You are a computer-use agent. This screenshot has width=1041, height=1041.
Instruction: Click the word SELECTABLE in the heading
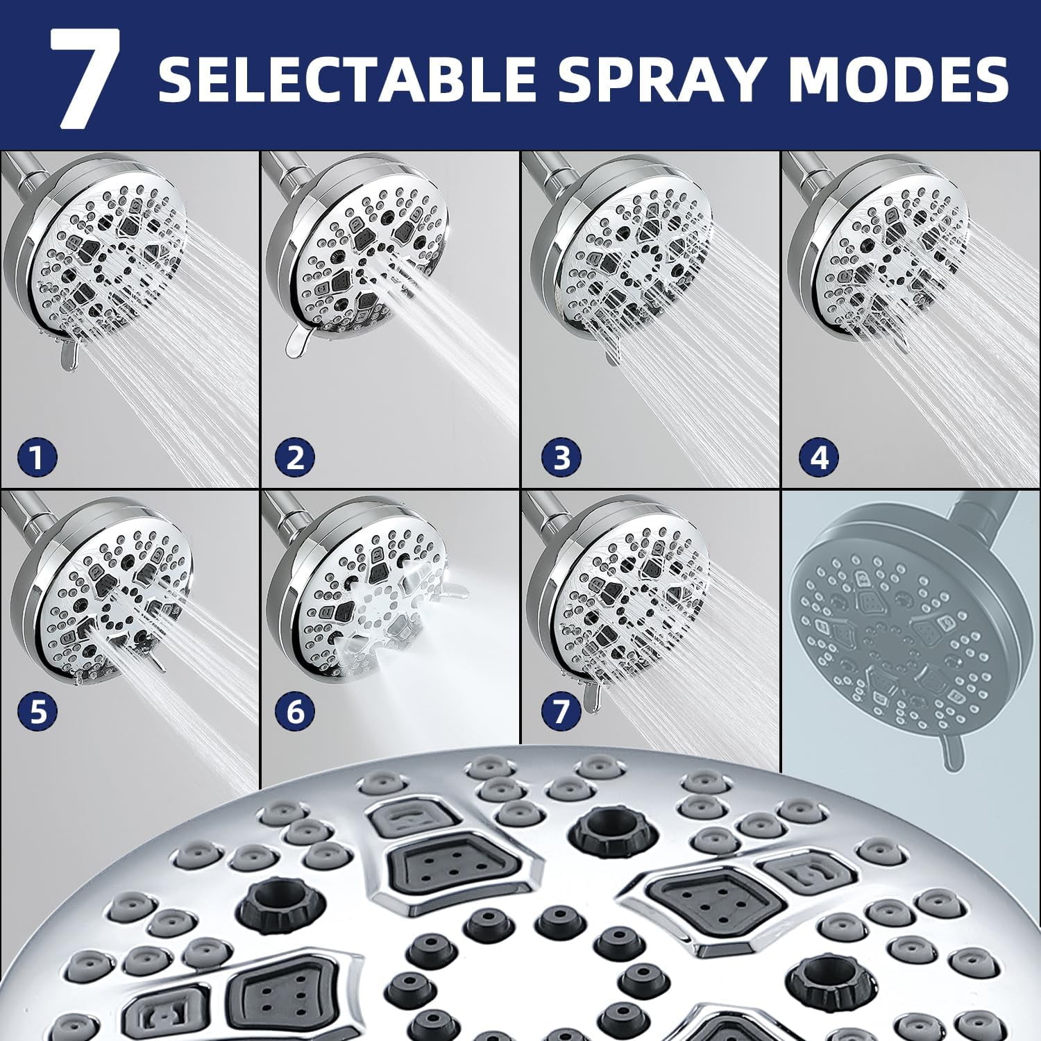point(347,78)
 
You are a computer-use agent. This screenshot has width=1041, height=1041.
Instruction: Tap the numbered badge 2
point(295,457)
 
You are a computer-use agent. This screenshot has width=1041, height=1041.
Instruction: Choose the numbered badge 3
point(561,457)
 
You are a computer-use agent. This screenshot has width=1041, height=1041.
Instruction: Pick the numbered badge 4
point(819,457)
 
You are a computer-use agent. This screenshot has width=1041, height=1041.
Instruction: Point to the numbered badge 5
point(38,711)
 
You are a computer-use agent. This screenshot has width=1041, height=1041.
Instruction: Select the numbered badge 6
point(295,711)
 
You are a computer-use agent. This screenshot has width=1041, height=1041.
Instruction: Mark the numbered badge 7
point(561,711)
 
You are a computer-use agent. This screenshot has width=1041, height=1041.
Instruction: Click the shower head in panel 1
point(97,250)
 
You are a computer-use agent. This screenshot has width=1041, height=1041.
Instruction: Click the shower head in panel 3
point(618,250)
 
